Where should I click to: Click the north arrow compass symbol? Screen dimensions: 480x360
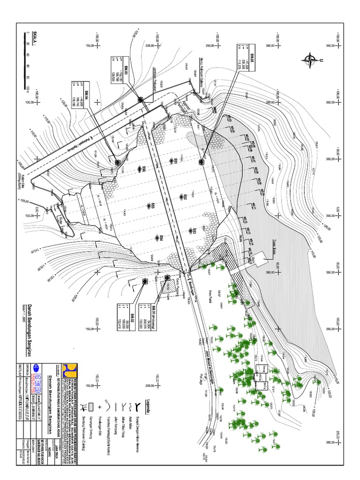pyautogui.click(x=310, y=59)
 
